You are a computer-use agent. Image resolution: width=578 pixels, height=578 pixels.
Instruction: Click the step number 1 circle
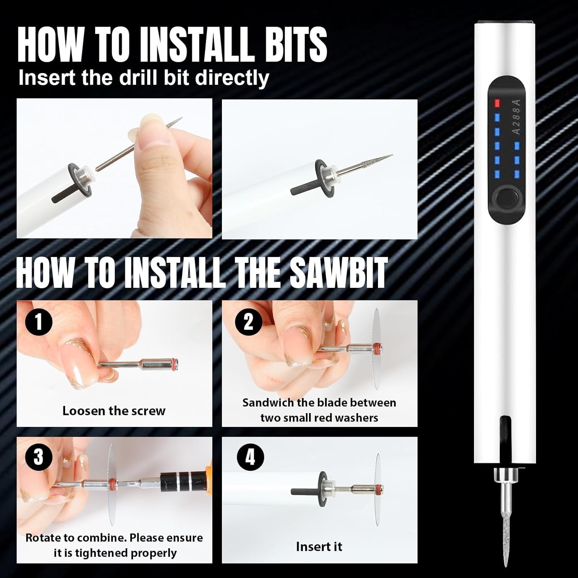[39, 322]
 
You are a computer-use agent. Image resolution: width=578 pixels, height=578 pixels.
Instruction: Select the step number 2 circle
[249, 322]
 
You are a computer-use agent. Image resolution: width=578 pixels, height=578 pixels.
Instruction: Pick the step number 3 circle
[39, 458]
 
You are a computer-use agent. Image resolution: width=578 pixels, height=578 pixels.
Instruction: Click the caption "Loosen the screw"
[114, 411]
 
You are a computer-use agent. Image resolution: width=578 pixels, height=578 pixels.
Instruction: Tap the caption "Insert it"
[319, 546]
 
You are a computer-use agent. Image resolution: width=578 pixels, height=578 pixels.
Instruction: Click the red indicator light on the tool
[497, 103]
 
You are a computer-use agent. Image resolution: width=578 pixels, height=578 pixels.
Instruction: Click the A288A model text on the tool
[516, 116]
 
